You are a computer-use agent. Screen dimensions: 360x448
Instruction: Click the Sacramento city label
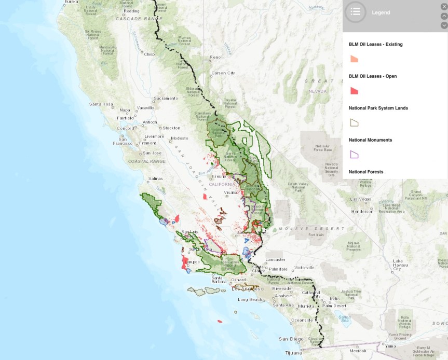166,98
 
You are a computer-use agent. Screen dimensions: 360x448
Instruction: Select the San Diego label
291,339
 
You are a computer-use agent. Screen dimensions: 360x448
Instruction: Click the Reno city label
215,57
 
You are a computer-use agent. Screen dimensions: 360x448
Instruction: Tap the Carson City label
223,73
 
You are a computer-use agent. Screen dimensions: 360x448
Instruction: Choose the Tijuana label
293,352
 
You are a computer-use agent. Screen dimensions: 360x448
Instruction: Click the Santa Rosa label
101,104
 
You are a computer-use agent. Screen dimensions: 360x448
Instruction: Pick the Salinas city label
156,178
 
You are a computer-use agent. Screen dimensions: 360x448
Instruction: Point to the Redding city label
131,10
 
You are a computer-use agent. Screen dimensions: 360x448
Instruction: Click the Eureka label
71,2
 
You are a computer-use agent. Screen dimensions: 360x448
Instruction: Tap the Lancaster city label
275,259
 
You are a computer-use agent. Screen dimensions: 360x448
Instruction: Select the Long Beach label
250,300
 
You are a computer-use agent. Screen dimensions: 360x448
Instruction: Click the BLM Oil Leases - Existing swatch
354,59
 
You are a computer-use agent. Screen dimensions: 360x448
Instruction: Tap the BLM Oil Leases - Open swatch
354,91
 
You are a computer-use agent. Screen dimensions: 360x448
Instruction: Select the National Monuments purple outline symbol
355,155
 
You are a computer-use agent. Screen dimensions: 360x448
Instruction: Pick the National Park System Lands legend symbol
355,123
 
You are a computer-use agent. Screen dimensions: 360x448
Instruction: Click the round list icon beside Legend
356,12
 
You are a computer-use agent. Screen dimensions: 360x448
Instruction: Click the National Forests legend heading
366,172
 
